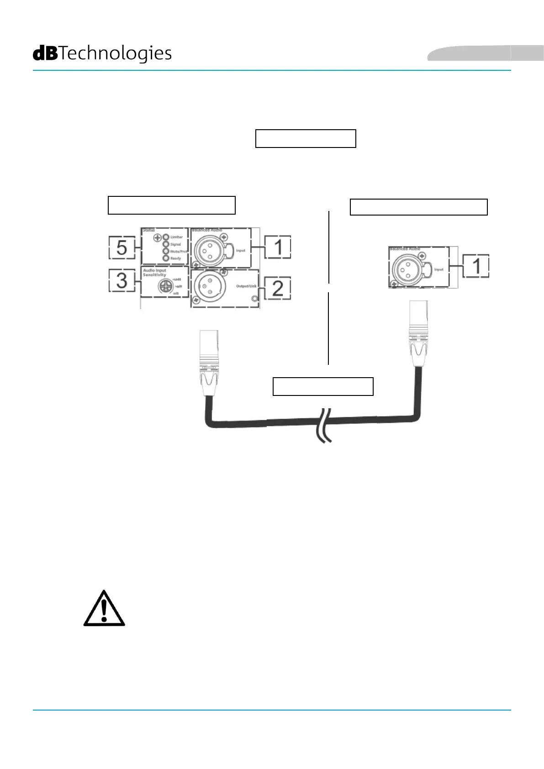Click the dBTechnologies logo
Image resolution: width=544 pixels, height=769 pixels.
[x=102, y=53]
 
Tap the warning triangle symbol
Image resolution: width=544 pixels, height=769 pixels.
[x=104, y=609]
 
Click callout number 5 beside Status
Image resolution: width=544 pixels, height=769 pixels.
[x=121, y=248]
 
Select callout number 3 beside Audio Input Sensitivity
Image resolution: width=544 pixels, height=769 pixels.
[x=121, y=280]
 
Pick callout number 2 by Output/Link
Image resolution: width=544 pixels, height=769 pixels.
[x=278, y=289]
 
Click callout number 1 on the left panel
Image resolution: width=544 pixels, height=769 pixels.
[x=278, y=248]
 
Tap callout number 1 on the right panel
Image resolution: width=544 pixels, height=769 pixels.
[x=476, y=266]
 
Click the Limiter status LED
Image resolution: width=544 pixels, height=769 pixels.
[x=166, y=237]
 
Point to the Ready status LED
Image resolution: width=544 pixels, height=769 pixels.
[x=166, y=258]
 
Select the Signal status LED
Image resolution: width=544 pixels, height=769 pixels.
[x=166, y=244]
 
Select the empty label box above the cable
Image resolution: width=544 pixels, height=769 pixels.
[x=323, y=386]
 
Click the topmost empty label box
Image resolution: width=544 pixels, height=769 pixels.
[x=306, y=138]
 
